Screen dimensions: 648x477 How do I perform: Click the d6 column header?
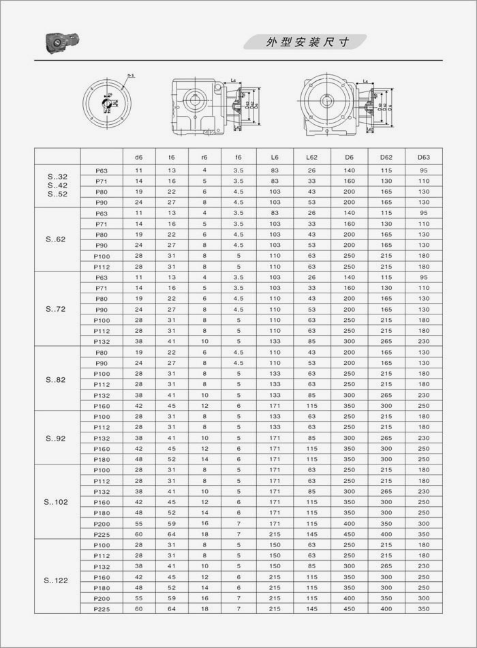(x=138, y=156)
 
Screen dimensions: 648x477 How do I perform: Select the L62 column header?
(x=311, y=156)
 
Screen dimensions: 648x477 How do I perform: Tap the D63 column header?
(x=424, y=156)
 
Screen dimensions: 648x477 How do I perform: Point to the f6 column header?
(x=238, y=156)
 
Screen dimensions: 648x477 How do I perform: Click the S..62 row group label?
(x=57, y=239)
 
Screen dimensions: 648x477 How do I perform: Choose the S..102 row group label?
(x=57, y=502)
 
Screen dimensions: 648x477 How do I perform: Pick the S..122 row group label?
(x=57, y=581)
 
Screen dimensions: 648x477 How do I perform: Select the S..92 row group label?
(x=57, y=439)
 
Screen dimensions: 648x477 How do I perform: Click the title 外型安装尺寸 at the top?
(x=307, y=42)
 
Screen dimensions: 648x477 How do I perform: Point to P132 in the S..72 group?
(x=101, y=341)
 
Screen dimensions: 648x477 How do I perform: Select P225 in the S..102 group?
(x=101, y=534)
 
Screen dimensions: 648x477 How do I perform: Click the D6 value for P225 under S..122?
(x=350, y=608)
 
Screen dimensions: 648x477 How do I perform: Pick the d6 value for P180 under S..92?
(x=138, y=459)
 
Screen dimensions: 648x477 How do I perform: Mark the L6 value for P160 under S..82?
(x=275, y=406)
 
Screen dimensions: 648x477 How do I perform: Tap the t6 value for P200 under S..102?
(x=172, y=523)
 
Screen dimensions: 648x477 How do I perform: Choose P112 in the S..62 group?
(x=101, y=266)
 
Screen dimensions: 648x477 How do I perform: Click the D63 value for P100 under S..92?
(x=424, y=416)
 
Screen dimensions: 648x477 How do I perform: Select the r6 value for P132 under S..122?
(x=204, y=565)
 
